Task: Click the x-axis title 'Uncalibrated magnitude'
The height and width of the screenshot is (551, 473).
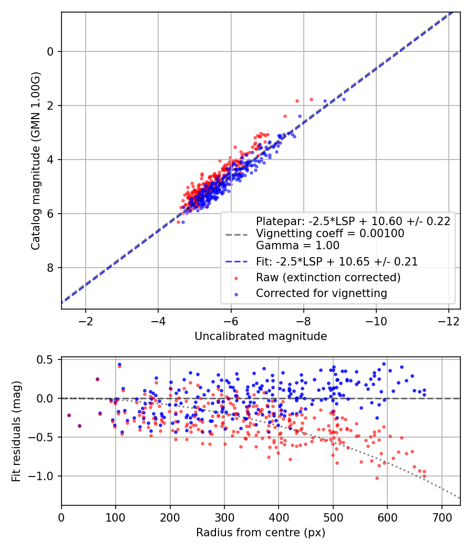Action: pos(261,336)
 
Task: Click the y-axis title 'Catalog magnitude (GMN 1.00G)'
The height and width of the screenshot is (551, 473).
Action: pos(35,161)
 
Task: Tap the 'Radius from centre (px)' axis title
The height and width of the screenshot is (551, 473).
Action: pos(261,533)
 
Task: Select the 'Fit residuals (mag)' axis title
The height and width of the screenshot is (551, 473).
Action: pos(16,431)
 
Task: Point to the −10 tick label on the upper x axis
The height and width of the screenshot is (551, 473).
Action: pos(376,322)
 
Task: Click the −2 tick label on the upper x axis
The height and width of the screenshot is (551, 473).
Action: pos(85,322)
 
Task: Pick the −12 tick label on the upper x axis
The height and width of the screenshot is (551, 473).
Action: pos(448,322)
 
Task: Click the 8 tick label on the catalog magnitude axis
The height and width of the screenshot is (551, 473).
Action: pos(50,268)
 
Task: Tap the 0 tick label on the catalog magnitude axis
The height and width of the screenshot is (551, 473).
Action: pos(50,51)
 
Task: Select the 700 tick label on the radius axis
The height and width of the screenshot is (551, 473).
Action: pos(441,517)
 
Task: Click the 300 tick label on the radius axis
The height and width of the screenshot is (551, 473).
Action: pos(224,517)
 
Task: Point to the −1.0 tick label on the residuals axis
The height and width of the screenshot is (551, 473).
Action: pos(39,476)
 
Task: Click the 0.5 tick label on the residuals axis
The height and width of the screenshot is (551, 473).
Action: pos(45,359)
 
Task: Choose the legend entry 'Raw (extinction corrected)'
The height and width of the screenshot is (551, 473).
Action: pos(328,278)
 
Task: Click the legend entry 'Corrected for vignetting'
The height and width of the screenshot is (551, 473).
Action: pos(321,293)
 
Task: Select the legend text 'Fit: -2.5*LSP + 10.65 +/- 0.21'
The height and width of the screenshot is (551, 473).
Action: pos(337,262)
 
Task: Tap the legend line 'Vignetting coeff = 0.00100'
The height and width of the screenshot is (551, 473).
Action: pos(330,234)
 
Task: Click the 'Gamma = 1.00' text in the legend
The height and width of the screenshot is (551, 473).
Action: pos(297,245)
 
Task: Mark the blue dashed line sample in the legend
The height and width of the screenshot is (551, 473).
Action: pos(236,262)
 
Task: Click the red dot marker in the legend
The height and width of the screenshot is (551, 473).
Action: pos(236,278)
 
